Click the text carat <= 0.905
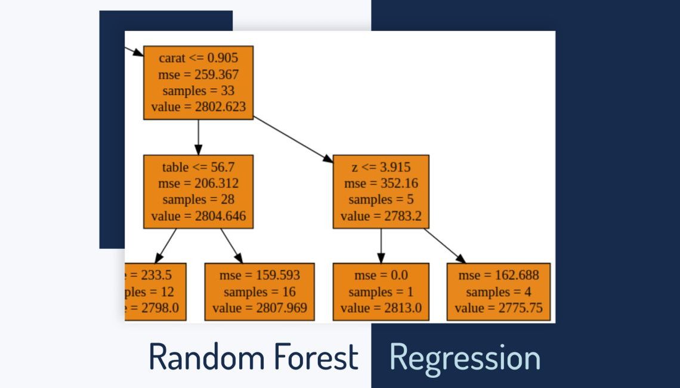[x=199, y=58]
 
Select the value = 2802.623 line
[x=199, y=107]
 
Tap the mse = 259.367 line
[x=199, y=75]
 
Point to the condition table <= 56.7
[x=199, y=167]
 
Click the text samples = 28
[x=199, y=200]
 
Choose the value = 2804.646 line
[x=199, y=216]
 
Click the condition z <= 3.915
[x=381, y=167]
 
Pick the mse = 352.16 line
[x=381, y=183]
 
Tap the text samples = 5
[x=381, y=200]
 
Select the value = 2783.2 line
[x=381, y=216]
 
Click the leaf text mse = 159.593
[x=259, y=275]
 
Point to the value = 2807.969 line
[x=259, y=308]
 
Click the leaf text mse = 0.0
[x=381, y=275]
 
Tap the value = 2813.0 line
[x=381, y=308]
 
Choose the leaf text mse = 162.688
[x=499, y=275]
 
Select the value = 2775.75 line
[x=499, y=308]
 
